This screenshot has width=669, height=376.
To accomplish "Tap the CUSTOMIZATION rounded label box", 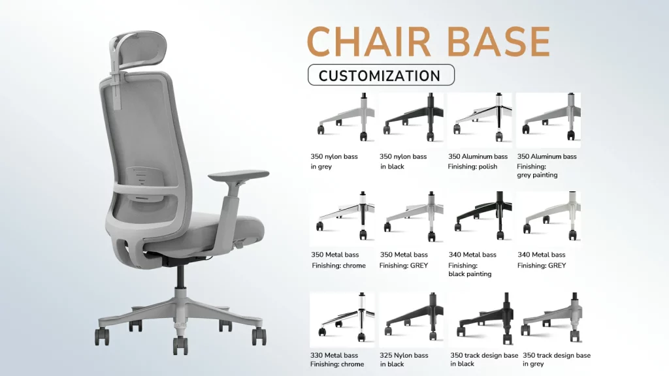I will tap(380, 76).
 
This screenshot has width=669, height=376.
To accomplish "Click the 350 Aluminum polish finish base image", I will tap(480, 119).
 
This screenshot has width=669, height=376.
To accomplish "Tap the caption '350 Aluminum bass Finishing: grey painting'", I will tap(547, 166).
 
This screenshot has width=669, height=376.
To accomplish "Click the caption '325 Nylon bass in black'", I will tap(404, 360).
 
